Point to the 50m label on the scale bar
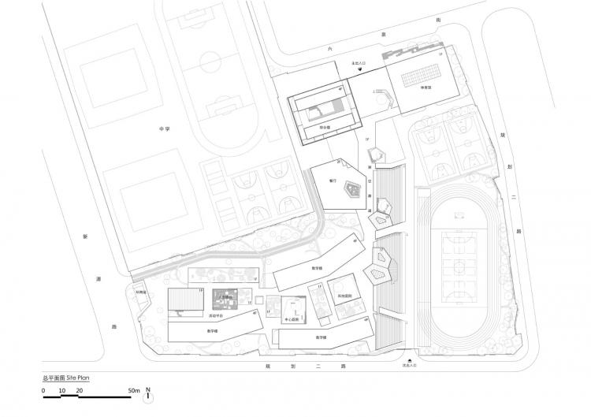135,390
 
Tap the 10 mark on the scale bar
61,390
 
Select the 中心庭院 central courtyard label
289,320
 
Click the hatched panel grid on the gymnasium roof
418,80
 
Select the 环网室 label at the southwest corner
141,292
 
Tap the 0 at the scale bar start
44,390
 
